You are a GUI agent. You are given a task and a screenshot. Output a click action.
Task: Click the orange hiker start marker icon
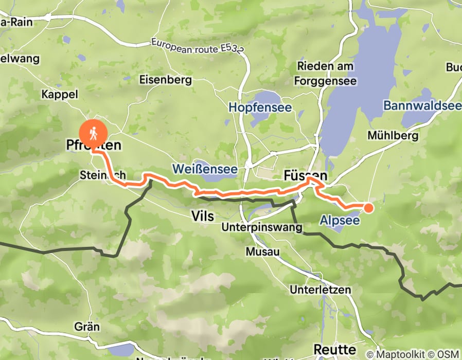click(93, 134)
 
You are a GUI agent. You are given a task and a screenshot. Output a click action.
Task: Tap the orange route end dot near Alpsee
click(369, 208)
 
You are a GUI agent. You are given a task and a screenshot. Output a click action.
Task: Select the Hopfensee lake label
click(260, 108)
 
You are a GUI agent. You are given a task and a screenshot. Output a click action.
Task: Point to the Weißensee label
click(205, 169)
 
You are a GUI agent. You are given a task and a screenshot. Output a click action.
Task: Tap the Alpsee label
click(340, 220)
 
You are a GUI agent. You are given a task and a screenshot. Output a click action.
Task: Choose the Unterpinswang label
click(261, 227)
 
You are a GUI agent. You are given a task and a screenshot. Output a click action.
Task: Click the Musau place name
click(262, 252)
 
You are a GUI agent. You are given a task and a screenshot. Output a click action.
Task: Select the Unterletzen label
click(321, 290)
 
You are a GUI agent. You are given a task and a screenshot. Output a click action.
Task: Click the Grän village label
click(87, 327)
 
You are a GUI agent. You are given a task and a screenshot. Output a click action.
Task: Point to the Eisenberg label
click(166, 80)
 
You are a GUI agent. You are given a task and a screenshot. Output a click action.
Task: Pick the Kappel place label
click(59, 94)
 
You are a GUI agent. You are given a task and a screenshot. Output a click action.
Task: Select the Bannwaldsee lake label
click(422, 106)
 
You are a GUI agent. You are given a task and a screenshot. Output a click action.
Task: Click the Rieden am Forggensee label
click(324, 73)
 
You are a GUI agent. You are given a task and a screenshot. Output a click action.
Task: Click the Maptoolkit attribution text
click(399, 354)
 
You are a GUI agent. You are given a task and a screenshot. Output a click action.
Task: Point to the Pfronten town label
click(94, 146)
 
